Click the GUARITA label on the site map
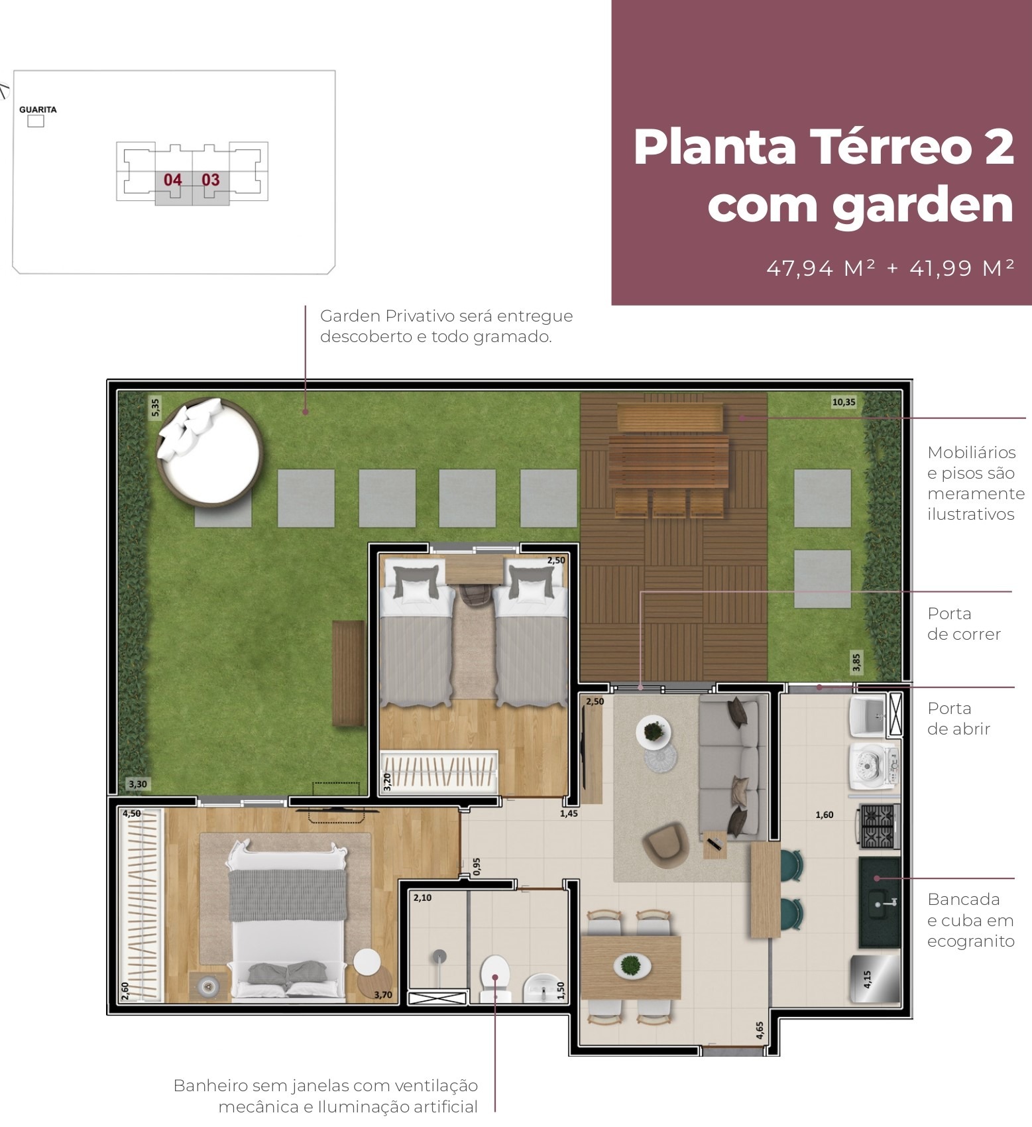click(38, 109)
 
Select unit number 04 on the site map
click(172, 180)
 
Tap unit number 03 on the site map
click(211, 180)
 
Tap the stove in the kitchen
click(879, 826)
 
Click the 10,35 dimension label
click(844, 402)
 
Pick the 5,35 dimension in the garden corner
click(155, 407)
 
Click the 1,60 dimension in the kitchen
click(825, 815)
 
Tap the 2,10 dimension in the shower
click(422, 898)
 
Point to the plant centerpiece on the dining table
click(632, 966)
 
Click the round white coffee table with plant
click(654, 733)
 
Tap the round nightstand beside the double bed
click(367, 961)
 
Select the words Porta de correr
click(963, 624)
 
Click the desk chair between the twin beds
click(474, 595)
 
